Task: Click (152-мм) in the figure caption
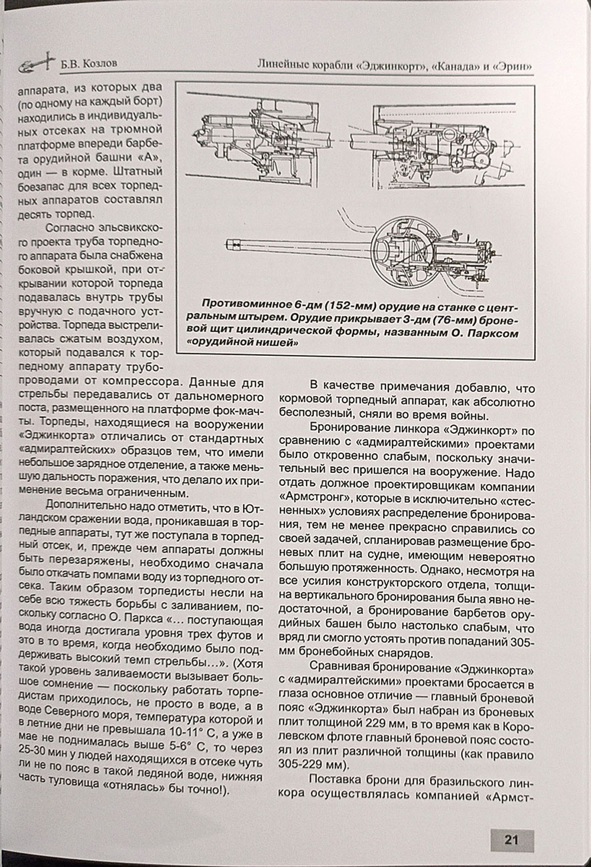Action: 348,304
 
